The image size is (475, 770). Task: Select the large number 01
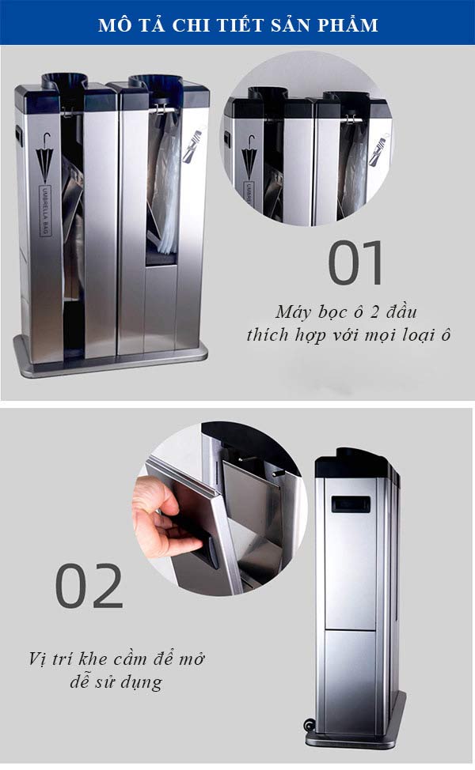pos(355,263)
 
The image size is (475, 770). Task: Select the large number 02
pos(89,587)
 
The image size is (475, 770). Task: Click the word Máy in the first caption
pos(294,309)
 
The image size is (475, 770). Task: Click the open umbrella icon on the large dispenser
pos(44,154)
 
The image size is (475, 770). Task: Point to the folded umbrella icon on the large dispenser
pos(191,151)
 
